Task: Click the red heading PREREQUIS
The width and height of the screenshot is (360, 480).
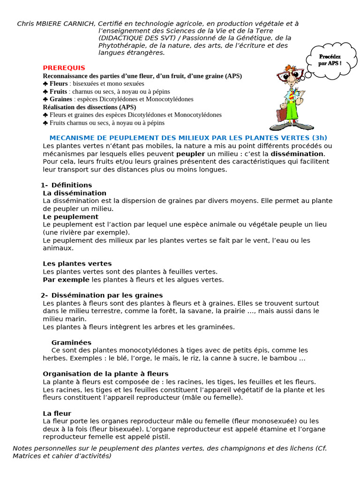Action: tap(64, 67)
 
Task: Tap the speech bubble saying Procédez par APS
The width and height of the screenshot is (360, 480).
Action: tap(330, 60)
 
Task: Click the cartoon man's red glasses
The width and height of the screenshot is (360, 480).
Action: tap(287, 75)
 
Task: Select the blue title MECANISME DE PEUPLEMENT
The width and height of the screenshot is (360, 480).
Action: tap(188, 138)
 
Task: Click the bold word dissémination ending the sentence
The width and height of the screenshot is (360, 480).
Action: tap(297, 154)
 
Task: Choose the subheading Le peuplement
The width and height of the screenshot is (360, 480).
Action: tap(70, 217)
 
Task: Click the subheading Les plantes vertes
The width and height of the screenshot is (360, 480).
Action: tap(77, 264)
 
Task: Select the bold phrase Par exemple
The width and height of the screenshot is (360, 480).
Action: tap(66, 280)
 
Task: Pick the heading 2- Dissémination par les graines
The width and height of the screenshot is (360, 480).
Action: tap(102, 295)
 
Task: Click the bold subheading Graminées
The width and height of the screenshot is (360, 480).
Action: tap(71, 343)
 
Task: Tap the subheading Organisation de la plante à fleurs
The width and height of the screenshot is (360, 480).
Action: tap(105, 374)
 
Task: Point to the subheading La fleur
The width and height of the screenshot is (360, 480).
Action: tap(57, 413)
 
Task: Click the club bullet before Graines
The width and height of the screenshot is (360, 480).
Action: tap(45, 99)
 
